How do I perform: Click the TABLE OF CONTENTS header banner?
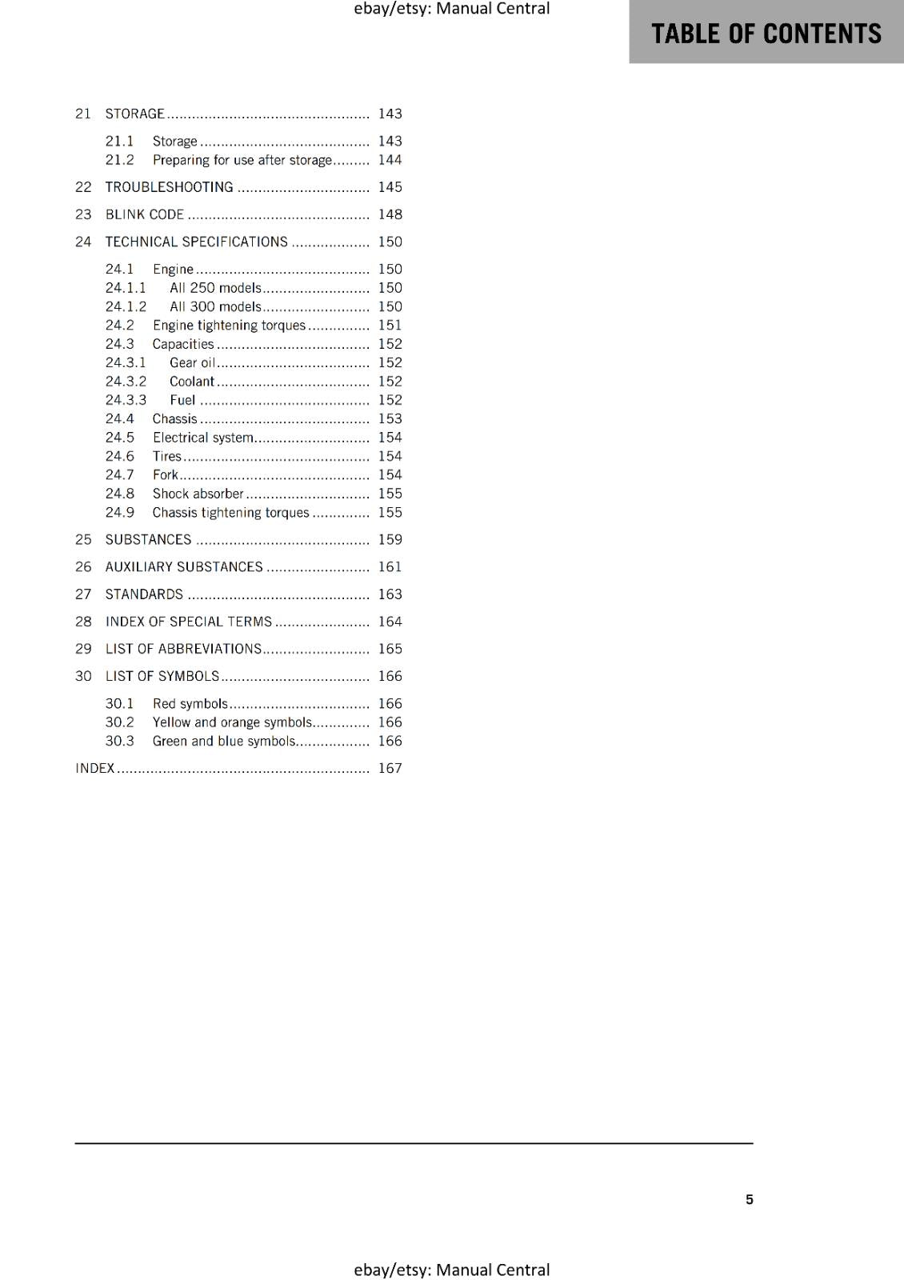(766, 33)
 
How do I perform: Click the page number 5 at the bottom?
(749, 1199)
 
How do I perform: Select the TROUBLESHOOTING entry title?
(169, 187)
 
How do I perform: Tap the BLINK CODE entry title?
(145, 214)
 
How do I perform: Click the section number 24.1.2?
(126, 306)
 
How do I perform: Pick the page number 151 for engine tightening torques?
(390, 326)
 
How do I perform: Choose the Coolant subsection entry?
(192, 382)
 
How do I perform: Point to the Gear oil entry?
(192, 363)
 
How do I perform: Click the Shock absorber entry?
(198, 494)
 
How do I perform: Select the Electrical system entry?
(203, 438)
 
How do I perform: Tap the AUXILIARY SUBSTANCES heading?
(184, 567)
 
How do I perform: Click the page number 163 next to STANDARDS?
(390, 594)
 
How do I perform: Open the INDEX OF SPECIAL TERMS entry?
(189, 622)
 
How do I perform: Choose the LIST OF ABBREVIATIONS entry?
(183, 649)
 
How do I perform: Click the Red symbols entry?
(190, 704)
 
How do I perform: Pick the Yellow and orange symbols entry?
(232, 722)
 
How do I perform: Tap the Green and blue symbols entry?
(224, 742)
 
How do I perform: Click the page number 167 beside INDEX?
(390, 768)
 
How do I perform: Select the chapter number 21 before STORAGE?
(83, 114)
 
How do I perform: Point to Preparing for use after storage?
(242, 160)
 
